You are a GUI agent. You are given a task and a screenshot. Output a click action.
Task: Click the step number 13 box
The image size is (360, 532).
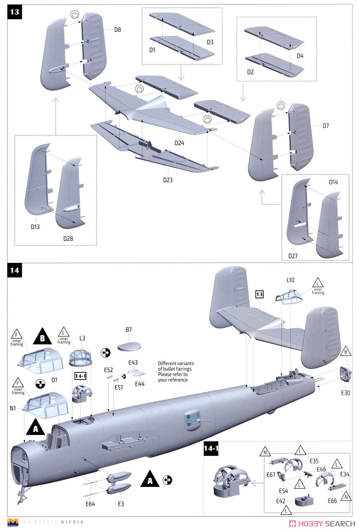pyautogui.click(x=15, y=12)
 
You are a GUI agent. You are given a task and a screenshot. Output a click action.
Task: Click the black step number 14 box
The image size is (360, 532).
pyautogui.click(x=15, y=270)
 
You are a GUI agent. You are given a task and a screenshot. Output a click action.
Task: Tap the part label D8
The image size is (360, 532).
pyautogui.click(x=117, y=30)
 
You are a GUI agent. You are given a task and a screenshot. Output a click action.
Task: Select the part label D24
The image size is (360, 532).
pyautogui.click(x=179, y=143)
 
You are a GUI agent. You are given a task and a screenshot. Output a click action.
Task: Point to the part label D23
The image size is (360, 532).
pyautogui.click(x=168, y=180)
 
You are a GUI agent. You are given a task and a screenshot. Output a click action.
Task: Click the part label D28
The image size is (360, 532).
pyautogui.click(x=67, y=239)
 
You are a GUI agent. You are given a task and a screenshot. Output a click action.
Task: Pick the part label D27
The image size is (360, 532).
pyautogui.click(x=293, y=256)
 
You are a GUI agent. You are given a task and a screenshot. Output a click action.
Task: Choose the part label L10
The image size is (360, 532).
pyautogui.click(x=290, y=280)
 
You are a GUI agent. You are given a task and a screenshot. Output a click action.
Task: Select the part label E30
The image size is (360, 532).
pyautogui.click(x=345, y=392)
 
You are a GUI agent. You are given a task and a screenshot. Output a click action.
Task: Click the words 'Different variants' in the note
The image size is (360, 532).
pyautogui.click(x=176, y=364)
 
